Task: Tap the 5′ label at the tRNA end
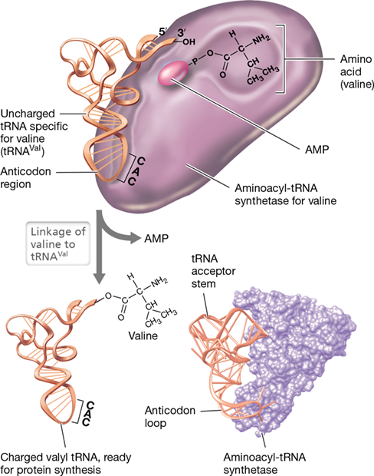[x=162, y=32]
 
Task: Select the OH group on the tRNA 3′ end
[x=189, y=42]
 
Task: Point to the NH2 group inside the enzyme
[x=261, y=39]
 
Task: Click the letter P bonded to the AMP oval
[x=195, y=61]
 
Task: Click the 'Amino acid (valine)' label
[x=356, y=71]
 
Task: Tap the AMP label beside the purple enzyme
[x=317, y=149]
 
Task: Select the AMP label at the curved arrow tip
[x=156, y=238]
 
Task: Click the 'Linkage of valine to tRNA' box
[x=58, y=243]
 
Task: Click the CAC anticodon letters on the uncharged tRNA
[x=136, y=170]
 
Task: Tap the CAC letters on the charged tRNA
[x=88, y=414]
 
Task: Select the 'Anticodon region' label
[x=25, y=177]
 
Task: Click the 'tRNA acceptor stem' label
[x=213, y=271]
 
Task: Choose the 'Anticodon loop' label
[x=169, y=416]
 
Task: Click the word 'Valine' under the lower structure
[x=143, y=336]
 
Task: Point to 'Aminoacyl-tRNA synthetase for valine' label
[x=286, y=194]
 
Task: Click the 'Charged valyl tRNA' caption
[x=65, y=463]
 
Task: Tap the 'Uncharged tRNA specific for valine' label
[x=34, y=132]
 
